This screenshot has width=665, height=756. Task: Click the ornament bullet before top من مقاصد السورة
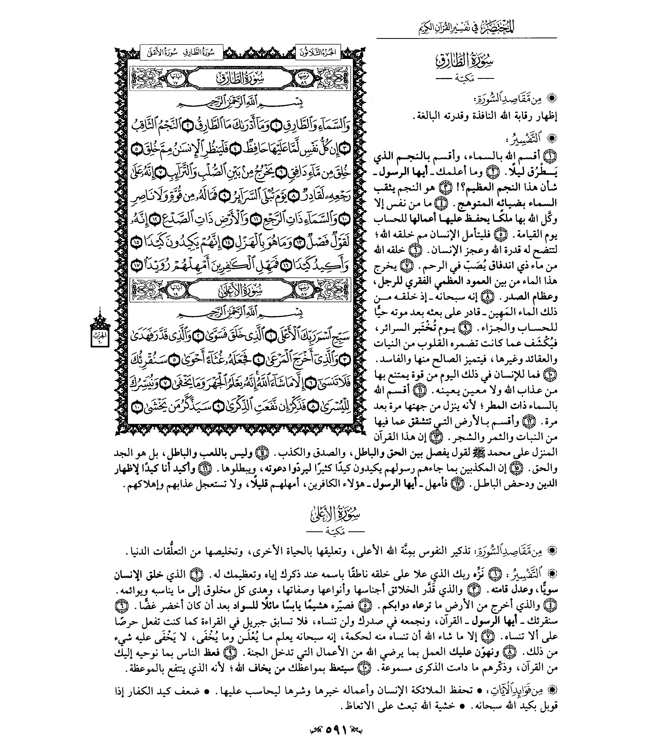pos(552,98)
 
